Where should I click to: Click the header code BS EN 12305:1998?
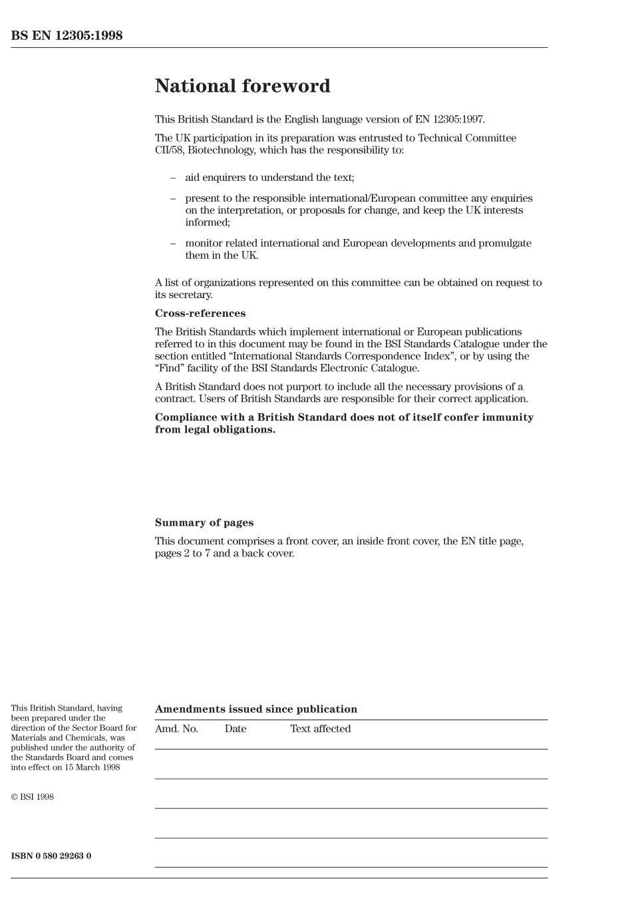click(x=67, y=36)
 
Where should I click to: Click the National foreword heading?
click(x=242, y=87)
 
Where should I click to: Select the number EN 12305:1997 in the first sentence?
click(x=451, y=120)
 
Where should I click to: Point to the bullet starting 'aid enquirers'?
click(x=269, y=178)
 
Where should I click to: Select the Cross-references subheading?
click(x=200, y=313)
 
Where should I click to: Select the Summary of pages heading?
click(x=204, y=523)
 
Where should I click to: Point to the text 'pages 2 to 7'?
click(x=182, y=554)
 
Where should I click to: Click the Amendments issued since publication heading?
click(x=255, y=709)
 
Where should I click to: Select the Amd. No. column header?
click(x=176, y=729)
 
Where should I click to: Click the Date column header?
click(x=235, y=729)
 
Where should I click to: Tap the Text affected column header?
click(x=320, y=729)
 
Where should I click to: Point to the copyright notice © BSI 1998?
click(x=32, y=797)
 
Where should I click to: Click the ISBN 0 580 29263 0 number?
click(x=51, y=856)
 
